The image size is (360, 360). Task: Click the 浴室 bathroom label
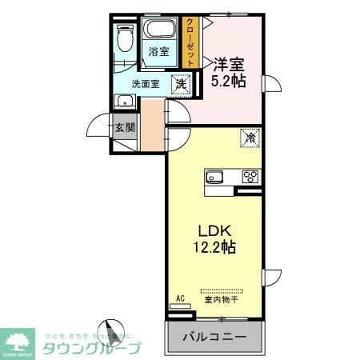pyautogui.click(x=158, y=52)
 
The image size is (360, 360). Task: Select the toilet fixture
pyautogui.click(x=123, y=37)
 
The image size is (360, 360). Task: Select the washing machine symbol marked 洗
pyautogui.click(x=182, y=84)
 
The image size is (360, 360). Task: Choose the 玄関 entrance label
pyautogui.click(x=124, y=126)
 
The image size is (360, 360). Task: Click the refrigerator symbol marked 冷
pyautogui.click(x=250, y=138)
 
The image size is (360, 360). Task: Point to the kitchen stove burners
pyautogui.click(x=250, y=178)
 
